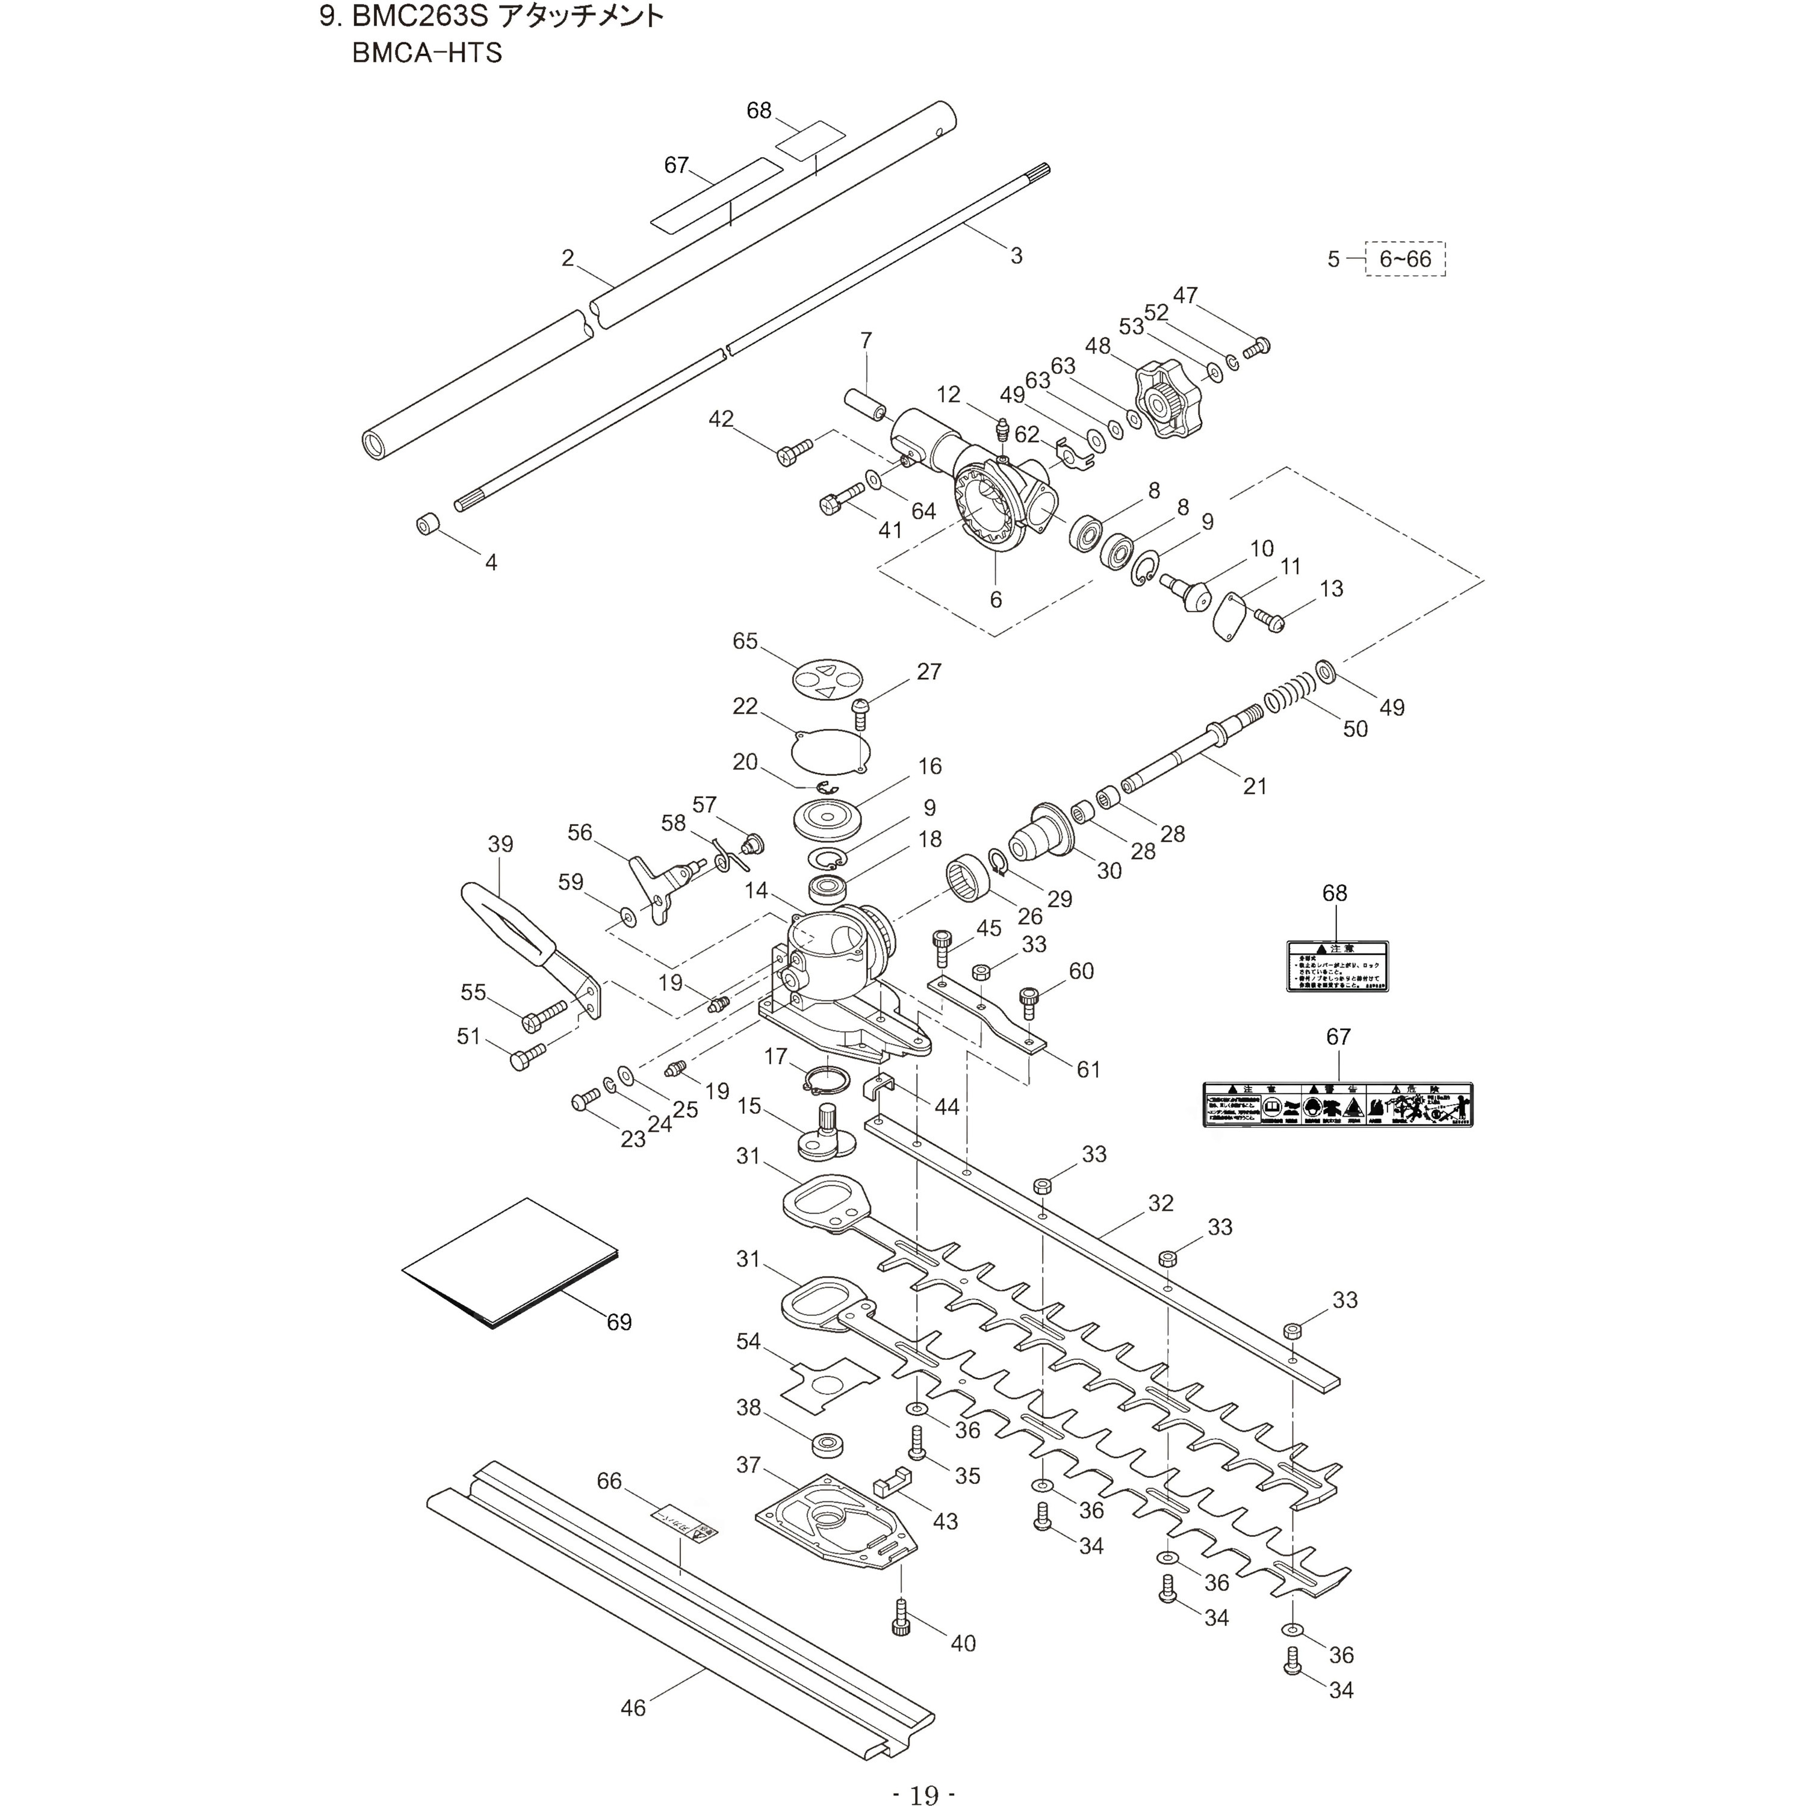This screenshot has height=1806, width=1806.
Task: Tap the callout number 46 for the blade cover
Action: coord(633,1708)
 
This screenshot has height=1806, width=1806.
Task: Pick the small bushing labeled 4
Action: coord(427,524)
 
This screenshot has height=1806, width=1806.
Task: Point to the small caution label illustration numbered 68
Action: coord(1336,966)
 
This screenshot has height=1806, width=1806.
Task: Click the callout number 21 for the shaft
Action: coord(1255,786)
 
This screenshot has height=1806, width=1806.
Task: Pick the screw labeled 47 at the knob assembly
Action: coord(1258,347)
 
